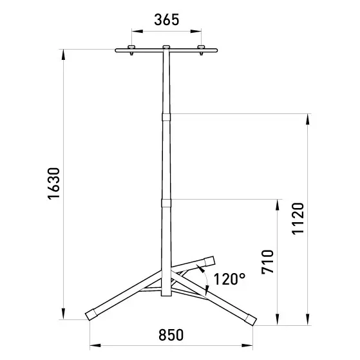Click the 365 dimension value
[166, 20]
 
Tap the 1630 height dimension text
[53, 184]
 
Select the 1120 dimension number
[298, 218]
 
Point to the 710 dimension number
[268, 262]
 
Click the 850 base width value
[171, 335]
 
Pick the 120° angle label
[230, 279]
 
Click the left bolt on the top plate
[131, 50]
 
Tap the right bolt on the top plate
[201, 50]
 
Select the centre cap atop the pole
[166, 47]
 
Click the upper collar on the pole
[166, 117]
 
